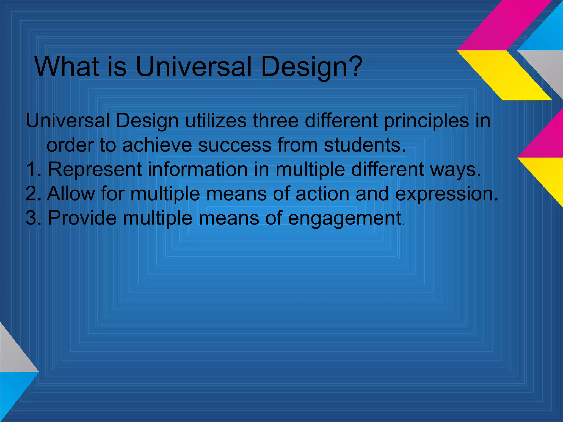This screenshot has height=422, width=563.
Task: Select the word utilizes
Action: click(216, 121)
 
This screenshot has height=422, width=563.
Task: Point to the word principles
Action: click(426, 121)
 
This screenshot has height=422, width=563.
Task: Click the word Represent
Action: click(95, 170)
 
